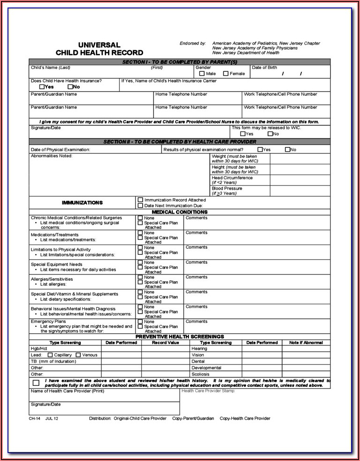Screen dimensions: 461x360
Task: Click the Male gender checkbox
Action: [202, 74]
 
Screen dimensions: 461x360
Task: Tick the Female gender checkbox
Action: [226, 74]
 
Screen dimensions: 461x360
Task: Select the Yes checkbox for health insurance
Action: [42, 86]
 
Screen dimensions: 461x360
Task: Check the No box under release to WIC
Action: [270, 134]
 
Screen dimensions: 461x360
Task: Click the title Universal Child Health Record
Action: [99, 49]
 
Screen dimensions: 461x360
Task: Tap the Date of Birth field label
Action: [264, 68]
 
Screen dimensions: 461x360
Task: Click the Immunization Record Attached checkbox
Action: [140, 200]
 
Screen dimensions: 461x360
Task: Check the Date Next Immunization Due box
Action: [140, 205]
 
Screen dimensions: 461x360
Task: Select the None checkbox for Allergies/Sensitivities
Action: [140, 277]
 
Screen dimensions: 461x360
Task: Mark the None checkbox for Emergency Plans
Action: [140, 322]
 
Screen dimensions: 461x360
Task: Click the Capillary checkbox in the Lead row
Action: [50, 355]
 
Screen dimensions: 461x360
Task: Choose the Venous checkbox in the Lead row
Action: [78, 355]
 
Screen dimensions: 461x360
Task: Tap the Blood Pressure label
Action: [227, 188]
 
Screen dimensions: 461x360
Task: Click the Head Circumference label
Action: [232, 178]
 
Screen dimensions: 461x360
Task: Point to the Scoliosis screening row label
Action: [200, 374]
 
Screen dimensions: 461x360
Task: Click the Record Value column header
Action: [166, 343]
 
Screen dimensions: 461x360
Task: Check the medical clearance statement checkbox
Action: [36, 383]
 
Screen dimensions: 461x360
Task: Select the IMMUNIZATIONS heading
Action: [82, 203]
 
